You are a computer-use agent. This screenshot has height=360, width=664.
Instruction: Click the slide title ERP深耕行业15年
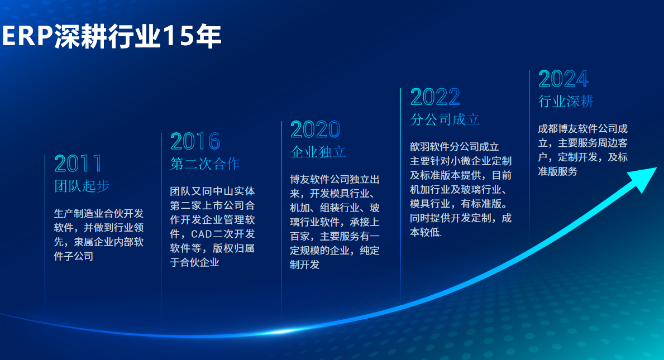pos(112,36)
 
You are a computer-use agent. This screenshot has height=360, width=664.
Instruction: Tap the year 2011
pos(78,164)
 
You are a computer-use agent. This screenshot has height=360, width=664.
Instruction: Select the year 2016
pos(195,141)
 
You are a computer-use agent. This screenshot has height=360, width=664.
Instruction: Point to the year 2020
pos(315,129)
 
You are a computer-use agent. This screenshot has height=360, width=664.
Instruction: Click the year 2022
pos(436,97)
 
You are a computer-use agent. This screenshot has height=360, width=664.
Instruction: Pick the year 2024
pos(563,79)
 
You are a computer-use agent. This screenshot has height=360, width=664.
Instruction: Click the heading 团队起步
pos(82,186)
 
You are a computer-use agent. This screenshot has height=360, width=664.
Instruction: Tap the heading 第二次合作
pos(205,164)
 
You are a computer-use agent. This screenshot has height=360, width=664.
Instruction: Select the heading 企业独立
pos(318,152)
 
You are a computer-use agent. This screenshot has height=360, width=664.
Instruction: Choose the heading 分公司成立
pos(445,119)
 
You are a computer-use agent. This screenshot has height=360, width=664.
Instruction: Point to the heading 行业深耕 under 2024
pos(566,101)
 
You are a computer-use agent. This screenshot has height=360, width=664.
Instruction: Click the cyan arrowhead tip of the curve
pos(656,168)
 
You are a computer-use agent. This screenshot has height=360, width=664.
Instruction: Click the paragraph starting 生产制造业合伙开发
pos(99,235)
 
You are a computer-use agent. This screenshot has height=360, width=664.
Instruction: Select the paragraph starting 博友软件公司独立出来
pos(335,222)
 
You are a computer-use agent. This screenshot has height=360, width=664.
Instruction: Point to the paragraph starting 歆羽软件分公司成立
pos(461,190)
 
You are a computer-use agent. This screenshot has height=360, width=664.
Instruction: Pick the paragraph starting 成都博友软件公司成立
pos(582,150)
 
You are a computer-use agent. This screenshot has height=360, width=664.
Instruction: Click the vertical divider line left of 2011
pos(45,237)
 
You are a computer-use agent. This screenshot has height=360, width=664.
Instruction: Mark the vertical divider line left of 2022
pos(400,195)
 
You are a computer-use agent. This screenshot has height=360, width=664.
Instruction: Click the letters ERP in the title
pos(27,36)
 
